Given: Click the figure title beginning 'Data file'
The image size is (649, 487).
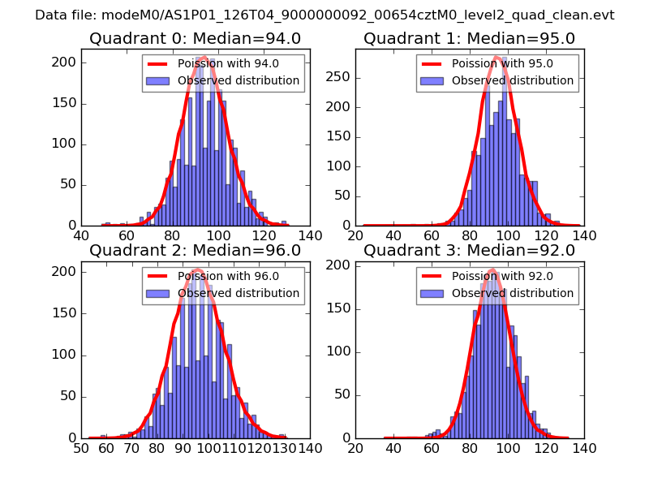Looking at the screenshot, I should pyautogui.click(x=324, y=15).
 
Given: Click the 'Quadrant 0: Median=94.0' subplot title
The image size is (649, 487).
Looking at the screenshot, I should pyautogui.click(x=195, y=38).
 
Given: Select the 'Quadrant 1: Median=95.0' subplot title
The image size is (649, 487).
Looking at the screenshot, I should pyautogui.click(x=469, y=38).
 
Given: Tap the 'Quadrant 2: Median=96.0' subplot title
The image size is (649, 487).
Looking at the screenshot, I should pyautogui.click(x=195, y=251).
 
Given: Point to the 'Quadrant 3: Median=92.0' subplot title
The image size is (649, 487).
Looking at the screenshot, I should pyautogui.click(x=469, y=251).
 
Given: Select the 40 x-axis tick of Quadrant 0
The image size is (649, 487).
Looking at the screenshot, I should pyautogui.click(x=81, y=235).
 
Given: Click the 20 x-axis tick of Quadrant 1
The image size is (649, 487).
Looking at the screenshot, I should pyautogui.click(x=355, y=235).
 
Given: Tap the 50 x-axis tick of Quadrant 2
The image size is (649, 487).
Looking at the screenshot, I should pyautogui.click(x=81, y=448).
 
